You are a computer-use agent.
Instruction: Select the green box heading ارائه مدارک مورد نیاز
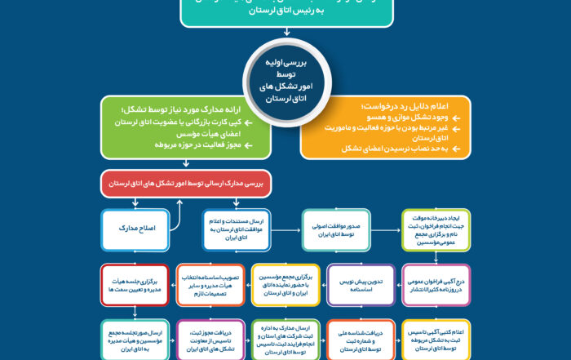pyautogui.click(x=189, y=128)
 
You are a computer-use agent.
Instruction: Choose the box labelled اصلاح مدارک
pyautogui.click(x=135, y=230)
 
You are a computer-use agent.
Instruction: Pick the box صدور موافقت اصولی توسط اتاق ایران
pyautogui.click(x=336, y=230)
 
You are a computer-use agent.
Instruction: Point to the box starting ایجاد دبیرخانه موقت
pyautogui.click(x=435, y=230)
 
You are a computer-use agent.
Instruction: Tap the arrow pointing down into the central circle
pyautogui.click(x=285, y=33)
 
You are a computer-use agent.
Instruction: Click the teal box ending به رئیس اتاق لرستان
pyautogui.click(x=285, y=12)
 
